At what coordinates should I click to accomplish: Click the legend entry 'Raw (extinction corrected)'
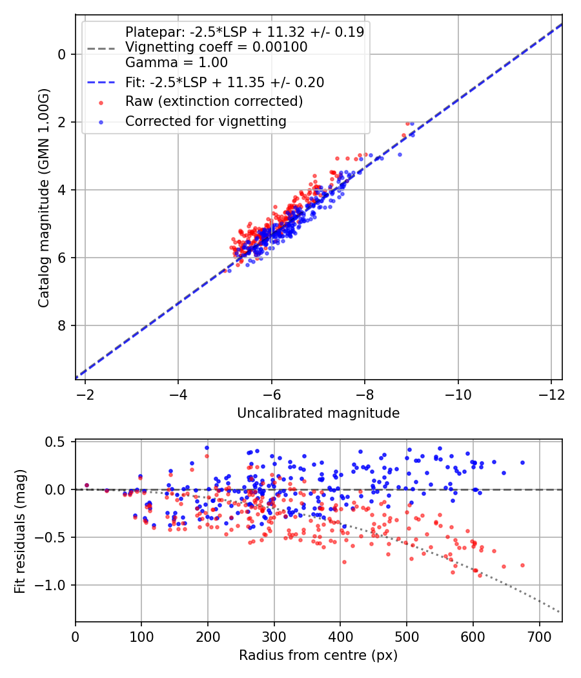point(214,101)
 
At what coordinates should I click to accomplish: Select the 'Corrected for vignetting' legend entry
point(205,121)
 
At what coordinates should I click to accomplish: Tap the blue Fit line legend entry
point(225,82)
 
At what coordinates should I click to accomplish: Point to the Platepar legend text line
point(244,32)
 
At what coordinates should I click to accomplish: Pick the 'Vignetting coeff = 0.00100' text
point(216,47)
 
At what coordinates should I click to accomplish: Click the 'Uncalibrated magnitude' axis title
point(318,413)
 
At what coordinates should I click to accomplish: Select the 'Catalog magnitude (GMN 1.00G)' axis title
point(43,197)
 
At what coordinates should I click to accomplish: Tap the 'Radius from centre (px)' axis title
point(318,655)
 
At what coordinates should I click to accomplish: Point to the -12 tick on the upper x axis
point(551,395)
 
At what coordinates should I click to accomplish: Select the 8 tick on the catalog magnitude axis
point(62,325)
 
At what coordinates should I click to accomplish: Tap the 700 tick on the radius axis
point(539,637)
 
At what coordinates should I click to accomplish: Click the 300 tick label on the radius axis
point(274,637)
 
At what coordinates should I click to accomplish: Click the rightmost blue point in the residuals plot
point(522,462)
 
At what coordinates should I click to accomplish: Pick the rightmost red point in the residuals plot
point(522,565)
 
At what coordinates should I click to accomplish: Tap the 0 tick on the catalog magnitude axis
point(62,54)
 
